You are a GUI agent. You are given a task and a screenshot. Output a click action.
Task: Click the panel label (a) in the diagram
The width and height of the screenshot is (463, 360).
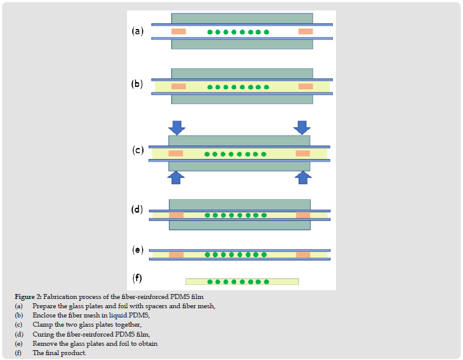coord(137,31)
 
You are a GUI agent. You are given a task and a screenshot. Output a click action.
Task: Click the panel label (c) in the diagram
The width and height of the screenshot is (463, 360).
coord(137,150)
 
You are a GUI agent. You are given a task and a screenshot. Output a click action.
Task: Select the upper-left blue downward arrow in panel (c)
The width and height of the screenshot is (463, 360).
coord(177,127)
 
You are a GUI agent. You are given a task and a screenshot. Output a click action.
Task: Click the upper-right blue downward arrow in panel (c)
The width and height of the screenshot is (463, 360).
coord(302,127)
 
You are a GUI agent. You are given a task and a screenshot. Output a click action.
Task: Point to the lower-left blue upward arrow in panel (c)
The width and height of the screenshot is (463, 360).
coord(177,177)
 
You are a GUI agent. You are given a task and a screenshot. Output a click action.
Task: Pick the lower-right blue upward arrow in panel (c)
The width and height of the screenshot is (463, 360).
coord(302,177)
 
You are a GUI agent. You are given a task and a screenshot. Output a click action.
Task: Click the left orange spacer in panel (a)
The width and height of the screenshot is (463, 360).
coord(179,31)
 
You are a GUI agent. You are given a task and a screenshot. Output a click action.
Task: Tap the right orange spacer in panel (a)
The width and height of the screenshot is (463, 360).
coord(305,31)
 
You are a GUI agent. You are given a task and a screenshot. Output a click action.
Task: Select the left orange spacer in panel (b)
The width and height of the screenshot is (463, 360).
coord(179,86)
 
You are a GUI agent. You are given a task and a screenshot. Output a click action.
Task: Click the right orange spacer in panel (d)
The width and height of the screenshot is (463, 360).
coord(303,215)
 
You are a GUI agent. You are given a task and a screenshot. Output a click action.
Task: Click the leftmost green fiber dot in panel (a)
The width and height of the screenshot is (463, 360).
coord(210,32)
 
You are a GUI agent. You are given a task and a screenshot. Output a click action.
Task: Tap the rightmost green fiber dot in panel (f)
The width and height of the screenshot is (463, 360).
coord(266,282)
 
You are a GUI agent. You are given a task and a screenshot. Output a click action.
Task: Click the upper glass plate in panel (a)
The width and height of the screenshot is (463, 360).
coord(242,18)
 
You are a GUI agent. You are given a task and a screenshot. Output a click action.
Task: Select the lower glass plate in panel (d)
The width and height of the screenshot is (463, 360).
coord(239,225)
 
